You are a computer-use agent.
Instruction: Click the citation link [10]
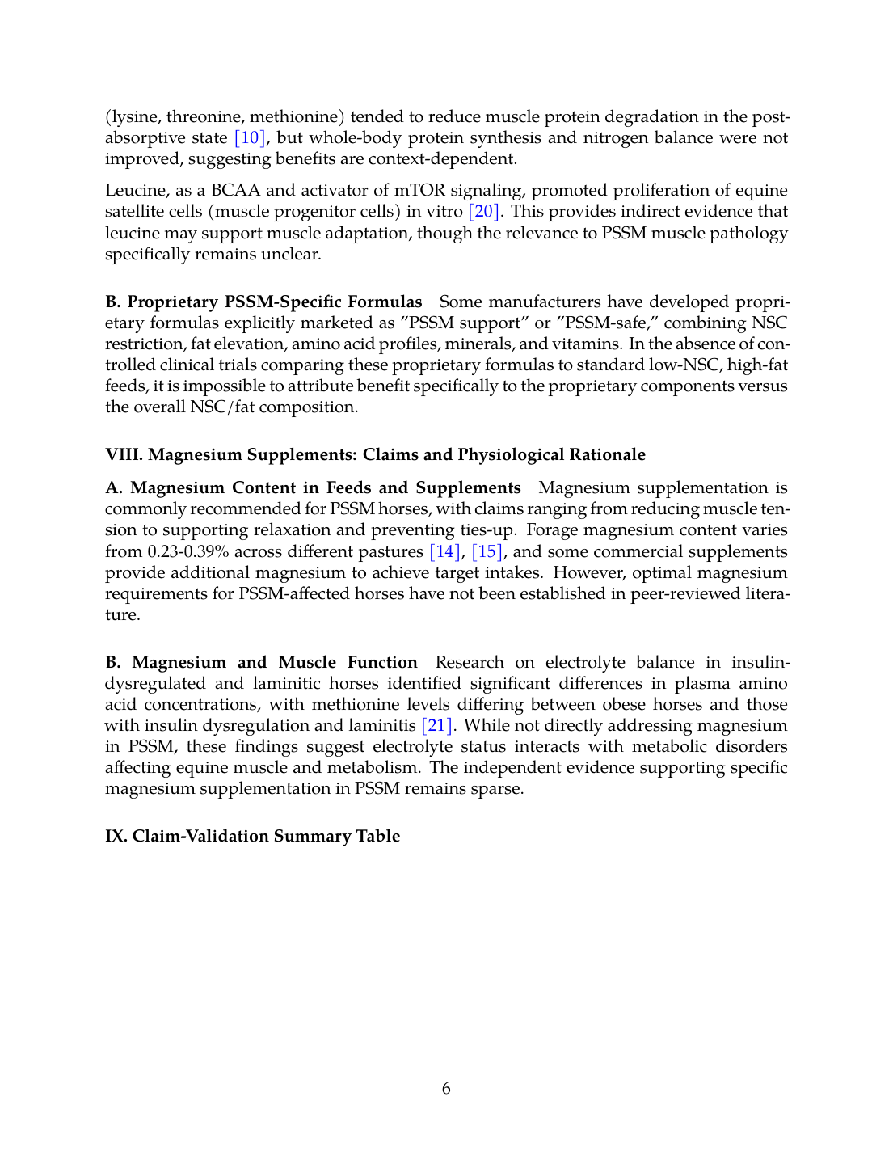point(250,138)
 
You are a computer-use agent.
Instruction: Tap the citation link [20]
point(484,212)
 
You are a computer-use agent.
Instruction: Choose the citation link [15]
point(487,552)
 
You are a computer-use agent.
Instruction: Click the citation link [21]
point(437,726)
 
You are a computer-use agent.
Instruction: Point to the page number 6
point(446,1089)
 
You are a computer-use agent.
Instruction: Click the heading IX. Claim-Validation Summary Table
point(252,836)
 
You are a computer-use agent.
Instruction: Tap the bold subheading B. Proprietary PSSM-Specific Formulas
point(263,302)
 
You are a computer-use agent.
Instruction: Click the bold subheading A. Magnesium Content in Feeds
point(313,488)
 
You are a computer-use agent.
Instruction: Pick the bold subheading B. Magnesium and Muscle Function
point(261,663)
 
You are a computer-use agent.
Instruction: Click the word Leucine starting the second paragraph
point(133,191)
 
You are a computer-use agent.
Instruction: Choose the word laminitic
point(284,684)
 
